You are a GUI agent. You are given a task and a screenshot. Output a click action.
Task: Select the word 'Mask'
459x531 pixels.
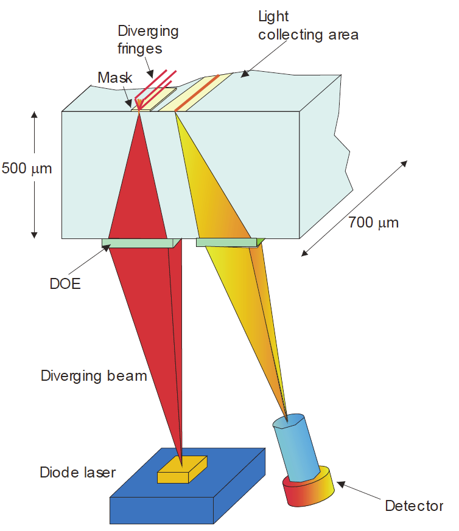[x=115, y=78]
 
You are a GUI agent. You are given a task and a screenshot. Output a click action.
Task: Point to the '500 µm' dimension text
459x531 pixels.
[x=27, y=168]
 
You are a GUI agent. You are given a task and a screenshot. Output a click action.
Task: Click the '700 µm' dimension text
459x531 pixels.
[x=373, y=222]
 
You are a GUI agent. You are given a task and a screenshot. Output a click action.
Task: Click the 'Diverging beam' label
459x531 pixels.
[x=94, y=375]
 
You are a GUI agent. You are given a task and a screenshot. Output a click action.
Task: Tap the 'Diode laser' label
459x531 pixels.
[x=77, y=472]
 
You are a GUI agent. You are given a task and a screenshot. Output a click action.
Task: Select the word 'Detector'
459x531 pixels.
[x=414, y=505]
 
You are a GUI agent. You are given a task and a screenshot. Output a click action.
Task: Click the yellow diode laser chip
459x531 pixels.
[x=182, y=470]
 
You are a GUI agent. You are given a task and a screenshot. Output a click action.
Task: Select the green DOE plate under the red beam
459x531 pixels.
[x=139, y=243]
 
